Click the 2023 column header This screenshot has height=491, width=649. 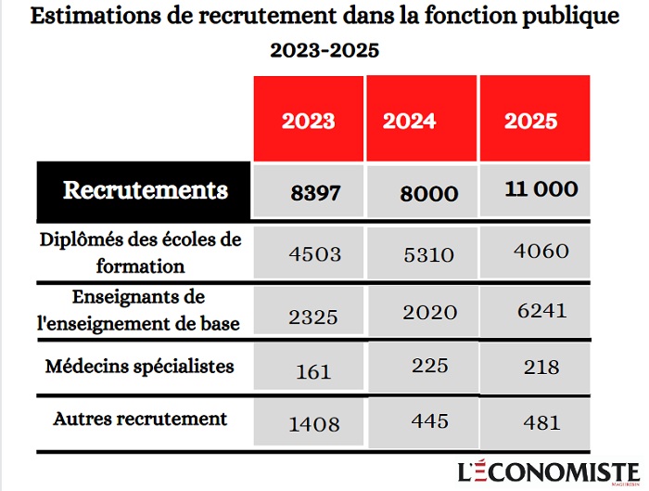309,121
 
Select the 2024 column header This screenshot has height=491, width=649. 422,121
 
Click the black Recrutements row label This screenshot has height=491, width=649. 145,191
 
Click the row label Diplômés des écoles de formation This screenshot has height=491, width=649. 140,252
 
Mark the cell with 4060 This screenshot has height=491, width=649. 535,251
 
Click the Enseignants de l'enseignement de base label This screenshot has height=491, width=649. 140,310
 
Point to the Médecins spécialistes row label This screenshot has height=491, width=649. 140,366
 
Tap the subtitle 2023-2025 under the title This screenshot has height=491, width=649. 324,50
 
